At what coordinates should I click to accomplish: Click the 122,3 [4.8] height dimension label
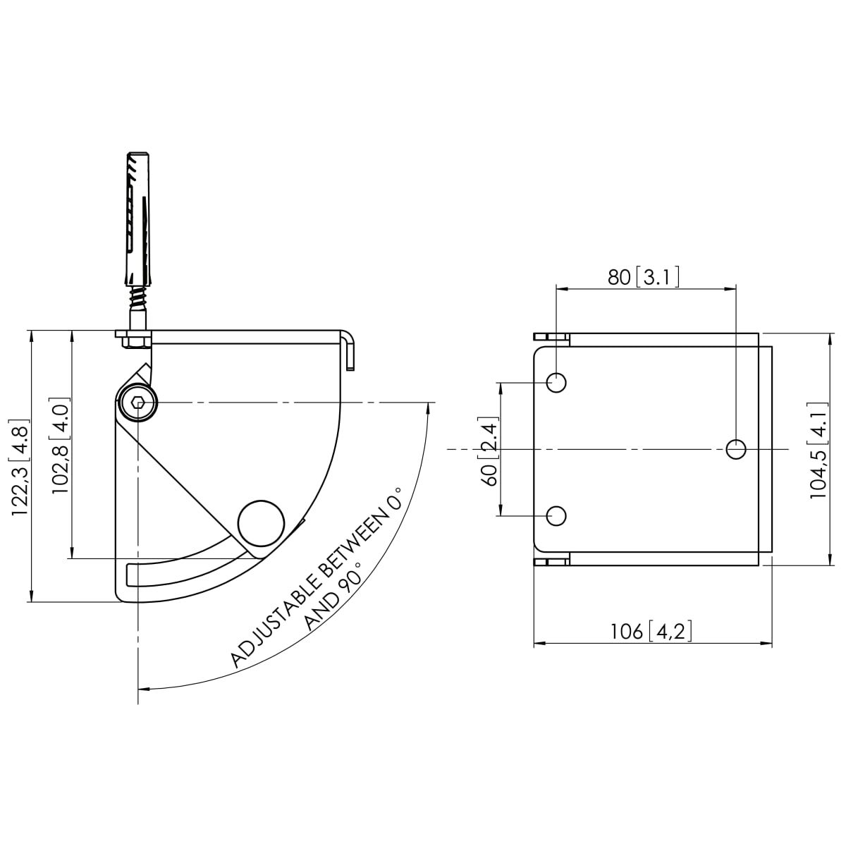[x=20, y=471]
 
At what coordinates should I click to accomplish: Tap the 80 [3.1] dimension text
[x=644, y=277]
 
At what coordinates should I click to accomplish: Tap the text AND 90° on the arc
[x=333, y=596]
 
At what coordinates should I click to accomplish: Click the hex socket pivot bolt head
[x=138, y=404]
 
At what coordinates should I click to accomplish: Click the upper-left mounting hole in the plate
[x=557, y=383]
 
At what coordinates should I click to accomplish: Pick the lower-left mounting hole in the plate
[x=557, y=515]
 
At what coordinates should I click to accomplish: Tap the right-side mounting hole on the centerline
[x=735, y=448]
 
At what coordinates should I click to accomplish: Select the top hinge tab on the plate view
[x=551, y=338]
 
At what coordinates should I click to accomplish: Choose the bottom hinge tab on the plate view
[x=551, y=561]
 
